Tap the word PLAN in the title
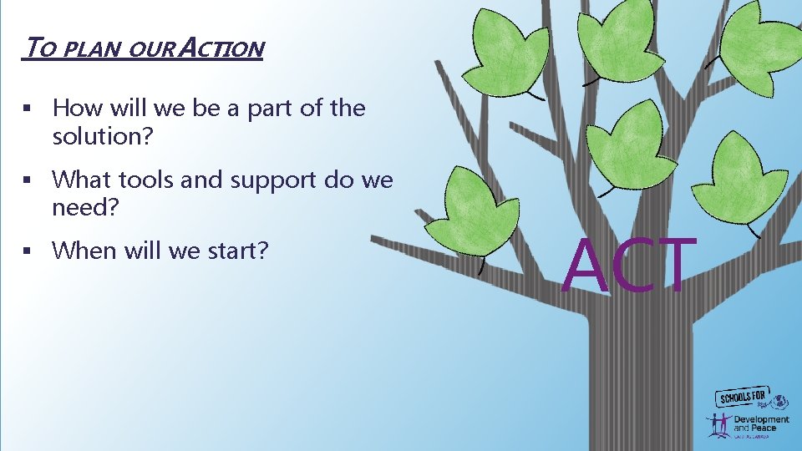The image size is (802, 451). pos(96,50)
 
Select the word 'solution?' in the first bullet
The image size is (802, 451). pos(103,135)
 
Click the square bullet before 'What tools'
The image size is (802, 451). pos(28,180)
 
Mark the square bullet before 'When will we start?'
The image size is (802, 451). pos(28,251)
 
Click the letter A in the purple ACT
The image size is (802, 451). pos(586,266)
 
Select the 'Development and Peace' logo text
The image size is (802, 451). pos(760,423)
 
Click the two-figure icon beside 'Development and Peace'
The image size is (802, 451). pos(718,424)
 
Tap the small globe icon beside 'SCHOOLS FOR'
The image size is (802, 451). pos(781,401)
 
